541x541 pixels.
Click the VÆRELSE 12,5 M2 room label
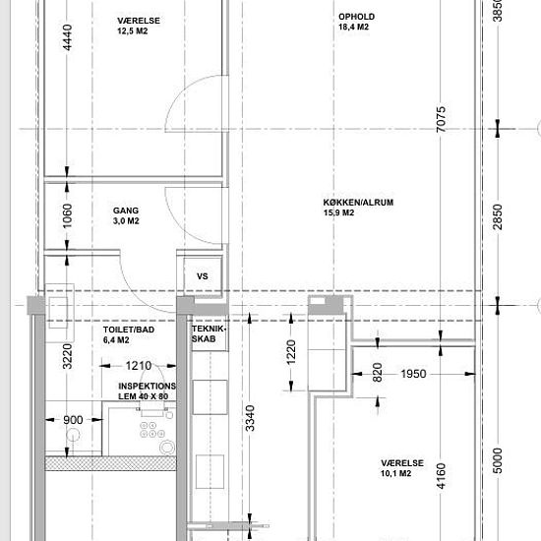click(139, 26)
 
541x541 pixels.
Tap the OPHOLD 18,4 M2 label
click(356, 22)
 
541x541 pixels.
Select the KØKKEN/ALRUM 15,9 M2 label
click(358, 208)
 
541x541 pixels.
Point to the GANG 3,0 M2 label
click(126, 215)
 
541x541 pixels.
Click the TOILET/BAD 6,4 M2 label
click(129, 334)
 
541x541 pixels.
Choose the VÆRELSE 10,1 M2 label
click(402, 468)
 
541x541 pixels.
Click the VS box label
click(203, 276)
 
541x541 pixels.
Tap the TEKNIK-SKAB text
click(209, 333)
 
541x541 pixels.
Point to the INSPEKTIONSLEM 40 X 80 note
click(147, 391)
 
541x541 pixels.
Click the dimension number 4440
click(67, 37)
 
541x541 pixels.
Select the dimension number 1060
click(67, 216)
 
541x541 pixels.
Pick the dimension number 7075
click(441, 119)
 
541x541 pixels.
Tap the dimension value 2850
click(498, 216)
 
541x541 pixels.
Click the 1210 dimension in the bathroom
click(139, 365)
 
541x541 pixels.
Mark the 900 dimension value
click(73, 420)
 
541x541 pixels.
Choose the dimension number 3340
click(250, 418)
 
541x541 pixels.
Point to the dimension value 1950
click(413, 374)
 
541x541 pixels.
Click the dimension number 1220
click(291, 352)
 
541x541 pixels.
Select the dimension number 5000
click(498, 460)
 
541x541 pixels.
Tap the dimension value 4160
click(441, 476)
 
